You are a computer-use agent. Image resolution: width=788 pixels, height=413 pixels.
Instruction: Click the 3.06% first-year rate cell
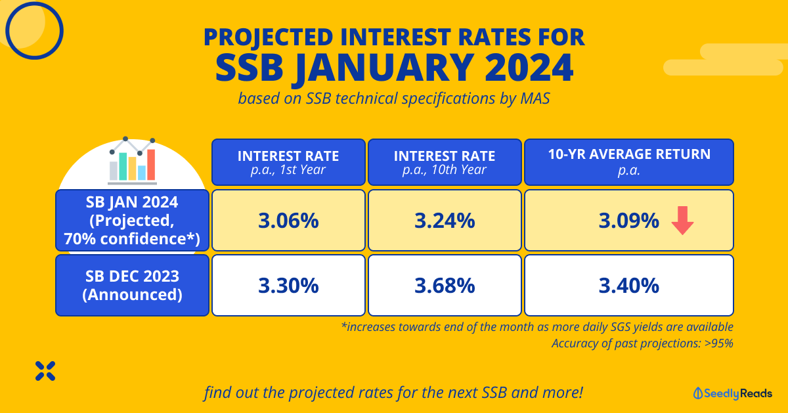[x=288, y=221]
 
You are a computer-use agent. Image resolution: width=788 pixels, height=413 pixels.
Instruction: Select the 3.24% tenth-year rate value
[x=445, y=221]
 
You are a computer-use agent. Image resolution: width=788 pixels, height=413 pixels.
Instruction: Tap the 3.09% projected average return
[x=628, y=221]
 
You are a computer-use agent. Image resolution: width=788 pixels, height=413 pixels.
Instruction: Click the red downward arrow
[x=682, y=220]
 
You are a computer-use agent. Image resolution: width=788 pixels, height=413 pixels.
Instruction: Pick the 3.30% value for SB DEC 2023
[x=288, y=286]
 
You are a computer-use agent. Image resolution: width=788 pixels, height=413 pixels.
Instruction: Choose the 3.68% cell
[x=445, y=286]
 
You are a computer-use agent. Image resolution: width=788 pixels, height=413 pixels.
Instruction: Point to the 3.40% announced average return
[x=628, y=286]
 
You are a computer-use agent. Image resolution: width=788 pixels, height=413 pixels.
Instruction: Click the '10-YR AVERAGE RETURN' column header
[x=629, y=154]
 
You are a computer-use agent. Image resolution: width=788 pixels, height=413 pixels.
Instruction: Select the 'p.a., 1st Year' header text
[x=288, y=170]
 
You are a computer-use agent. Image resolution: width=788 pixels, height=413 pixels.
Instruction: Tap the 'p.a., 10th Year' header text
[x=445, y=170]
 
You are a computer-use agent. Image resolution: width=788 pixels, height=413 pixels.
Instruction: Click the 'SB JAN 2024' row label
[x=132, y=202]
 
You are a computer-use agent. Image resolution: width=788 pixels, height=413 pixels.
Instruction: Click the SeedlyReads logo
[x=732, y=393]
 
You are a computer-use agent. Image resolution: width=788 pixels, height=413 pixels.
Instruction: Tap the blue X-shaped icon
[x=45, y=371]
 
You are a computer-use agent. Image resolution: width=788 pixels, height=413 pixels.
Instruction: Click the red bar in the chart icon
[x=151, y=165]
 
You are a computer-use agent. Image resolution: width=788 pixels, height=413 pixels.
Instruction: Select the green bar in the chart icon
[x=123, y=166]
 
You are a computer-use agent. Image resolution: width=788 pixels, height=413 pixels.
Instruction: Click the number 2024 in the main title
[x=529, y=68]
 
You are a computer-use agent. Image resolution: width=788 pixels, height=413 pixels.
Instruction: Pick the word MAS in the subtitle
[x=535, y=98]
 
